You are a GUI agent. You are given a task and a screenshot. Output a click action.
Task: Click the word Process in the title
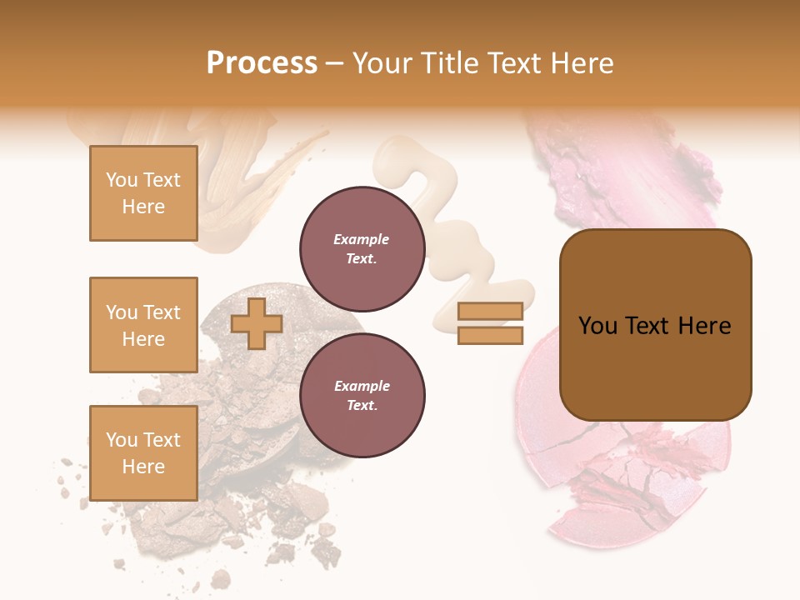[x=262, y=63]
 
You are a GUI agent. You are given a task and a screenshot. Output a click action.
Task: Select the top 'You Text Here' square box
[x=143, y=193]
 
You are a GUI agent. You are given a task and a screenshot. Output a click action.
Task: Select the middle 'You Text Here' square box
[x=143, y=325]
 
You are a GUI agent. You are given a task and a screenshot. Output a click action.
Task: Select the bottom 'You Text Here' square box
[x=143, y=453]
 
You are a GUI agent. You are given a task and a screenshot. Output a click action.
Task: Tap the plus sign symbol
[x=257, y=323]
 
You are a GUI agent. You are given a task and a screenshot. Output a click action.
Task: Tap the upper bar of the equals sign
[x=490, y=311]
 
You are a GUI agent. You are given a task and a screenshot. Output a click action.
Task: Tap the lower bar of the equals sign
[x=490, y=335]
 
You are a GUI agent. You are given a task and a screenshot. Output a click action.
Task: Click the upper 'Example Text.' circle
[x=362, y=249]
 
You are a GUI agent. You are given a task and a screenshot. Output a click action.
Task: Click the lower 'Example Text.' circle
[x=362, y=396]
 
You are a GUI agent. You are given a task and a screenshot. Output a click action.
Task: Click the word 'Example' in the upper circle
[x=361, y=239]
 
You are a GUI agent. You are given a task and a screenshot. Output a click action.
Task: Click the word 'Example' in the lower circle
[x=362, y=386]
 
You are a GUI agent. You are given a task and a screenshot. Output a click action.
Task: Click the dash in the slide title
[x=335, y=64]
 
